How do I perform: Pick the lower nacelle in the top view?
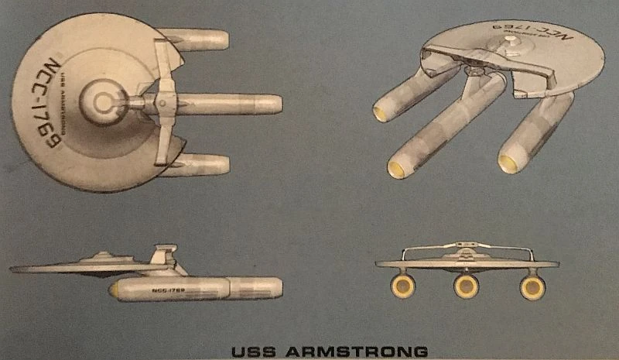[200, 165]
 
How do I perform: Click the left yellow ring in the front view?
[403, 286]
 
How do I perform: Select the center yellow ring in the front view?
[467, 286]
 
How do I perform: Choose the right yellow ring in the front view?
[532, 286]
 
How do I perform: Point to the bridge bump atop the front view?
[467, 245]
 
